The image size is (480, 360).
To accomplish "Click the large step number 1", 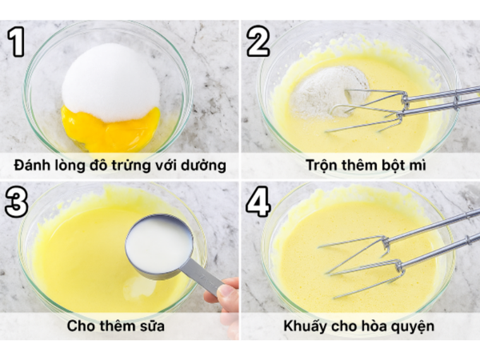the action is tap(16, 42).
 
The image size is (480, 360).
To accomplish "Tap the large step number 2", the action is tap(258, 41).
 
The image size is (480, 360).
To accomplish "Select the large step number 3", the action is tap(17, 202).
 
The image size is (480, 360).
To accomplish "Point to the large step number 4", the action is tap(258, 202).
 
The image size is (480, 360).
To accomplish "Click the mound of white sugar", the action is tap(111, 82).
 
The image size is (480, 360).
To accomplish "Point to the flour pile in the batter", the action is tap(327, 92).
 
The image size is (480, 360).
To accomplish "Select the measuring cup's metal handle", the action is tap(202, 275).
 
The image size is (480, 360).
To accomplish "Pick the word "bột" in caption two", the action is tap(389, 166).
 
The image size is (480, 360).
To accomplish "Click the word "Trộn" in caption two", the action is tap(322, 166).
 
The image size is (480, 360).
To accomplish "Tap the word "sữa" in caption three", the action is tap(152, 326).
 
